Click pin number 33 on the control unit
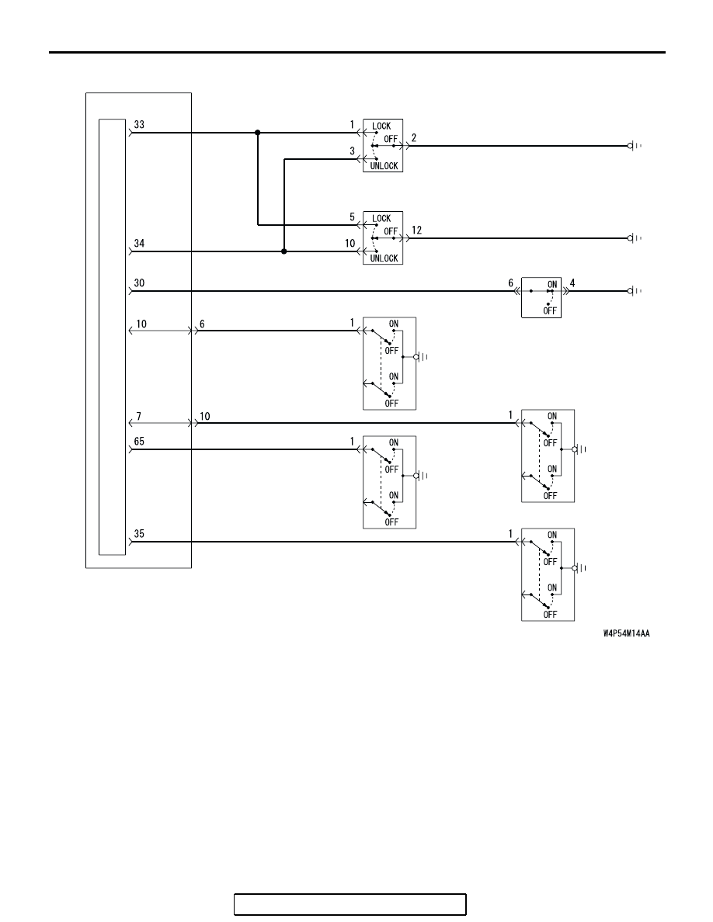click(139, 125)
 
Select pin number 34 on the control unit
click(139, 244)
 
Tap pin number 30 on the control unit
click(139, 282)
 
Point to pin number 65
click(139, 442)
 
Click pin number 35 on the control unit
click(139, 534)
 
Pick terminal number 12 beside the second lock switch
click(416, 230)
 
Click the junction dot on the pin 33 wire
click(258, 133)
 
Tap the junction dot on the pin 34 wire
click(284, 251)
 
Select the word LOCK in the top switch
click(381, 126)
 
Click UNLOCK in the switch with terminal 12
click(384, 258)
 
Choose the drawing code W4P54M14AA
click(627, 633)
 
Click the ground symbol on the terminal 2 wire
click(634, 146)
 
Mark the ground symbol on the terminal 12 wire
click(634, 238)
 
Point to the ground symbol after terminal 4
click(634, 291)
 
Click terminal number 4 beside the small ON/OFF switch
click(572, 282)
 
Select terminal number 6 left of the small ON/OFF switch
click(511, 282)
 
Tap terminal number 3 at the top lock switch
click(353, 151)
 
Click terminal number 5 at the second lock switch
click(353, 217)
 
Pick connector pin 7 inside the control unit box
click(139, 416)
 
